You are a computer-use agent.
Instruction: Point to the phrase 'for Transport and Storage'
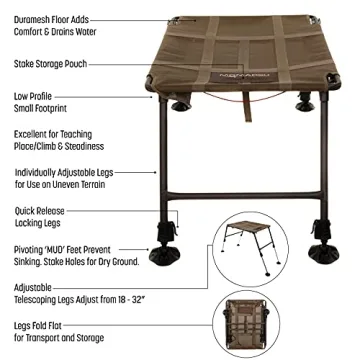point(60,337)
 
